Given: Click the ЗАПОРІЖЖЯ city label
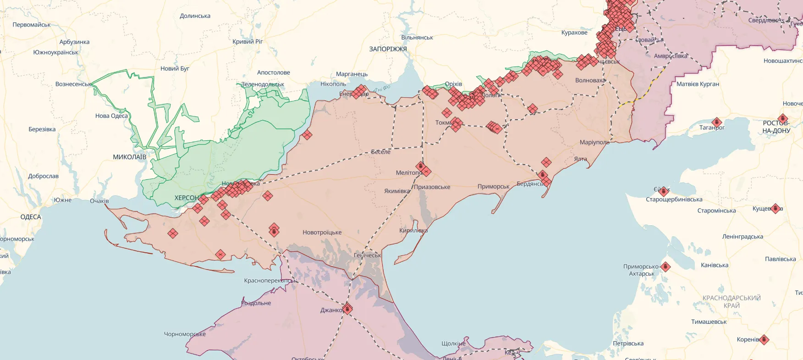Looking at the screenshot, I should [x=388, y=49].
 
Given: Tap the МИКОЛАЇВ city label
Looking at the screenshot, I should [x=129, y=157].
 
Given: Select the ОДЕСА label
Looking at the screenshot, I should [x=31, y=217].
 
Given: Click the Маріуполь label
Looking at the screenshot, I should [x=594, y=142].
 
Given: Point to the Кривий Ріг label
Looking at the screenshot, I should [x=247, y=41].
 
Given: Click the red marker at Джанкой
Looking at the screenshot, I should [x=347, y=309].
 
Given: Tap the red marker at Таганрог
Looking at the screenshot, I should [x=717, y=122].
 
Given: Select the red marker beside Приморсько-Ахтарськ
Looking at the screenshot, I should [x=665, y=267].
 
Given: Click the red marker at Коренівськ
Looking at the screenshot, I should [x=764, y=340].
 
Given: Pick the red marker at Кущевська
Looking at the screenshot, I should [x=775, y=209].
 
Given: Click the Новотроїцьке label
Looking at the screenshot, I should [x=322, y=233].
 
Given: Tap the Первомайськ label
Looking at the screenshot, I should [x=32, y=25].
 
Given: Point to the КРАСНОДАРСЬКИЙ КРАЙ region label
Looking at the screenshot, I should [x=731, y=301].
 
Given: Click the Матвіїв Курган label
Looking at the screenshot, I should [x=698, y=84].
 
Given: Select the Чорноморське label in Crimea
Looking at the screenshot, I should [x=185, y=334].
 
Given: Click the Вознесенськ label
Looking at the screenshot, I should [x=73, y=84].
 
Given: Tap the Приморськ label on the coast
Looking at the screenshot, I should [x=493, y=186].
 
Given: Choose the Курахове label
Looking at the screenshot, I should [x=574, y=33].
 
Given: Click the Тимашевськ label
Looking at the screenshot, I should [x=709, y=321].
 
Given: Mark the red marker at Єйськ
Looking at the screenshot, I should [x=664, y=191].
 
